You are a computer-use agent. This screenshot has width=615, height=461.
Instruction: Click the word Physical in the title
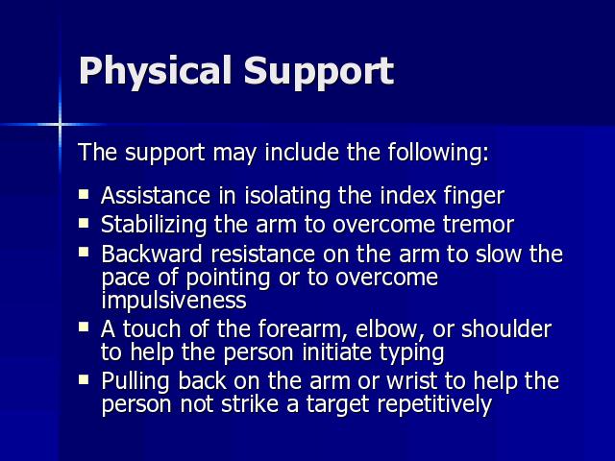pos(155,72)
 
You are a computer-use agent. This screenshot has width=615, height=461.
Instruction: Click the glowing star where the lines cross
pos(60,125)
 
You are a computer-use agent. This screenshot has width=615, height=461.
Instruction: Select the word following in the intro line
pos(438,153)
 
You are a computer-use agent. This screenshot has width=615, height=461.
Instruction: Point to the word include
pos(302,152)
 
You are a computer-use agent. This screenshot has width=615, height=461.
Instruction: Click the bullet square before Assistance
pos(84,194)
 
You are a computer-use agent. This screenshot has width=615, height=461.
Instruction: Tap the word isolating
pos(287,196)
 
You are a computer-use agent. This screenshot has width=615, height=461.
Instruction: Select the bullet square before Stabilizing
pos(84,223)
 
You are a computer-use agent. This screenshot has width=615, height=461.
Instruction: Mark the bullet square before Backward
pos(84,252)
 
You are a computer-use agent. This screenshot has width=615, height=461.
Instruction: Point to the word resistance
pos(262,254)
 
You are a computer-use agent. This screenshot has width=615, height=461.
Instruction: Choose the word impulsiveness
pos(174,301)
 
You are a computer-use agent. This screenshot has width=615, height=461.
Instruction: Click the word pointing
pos(228,279)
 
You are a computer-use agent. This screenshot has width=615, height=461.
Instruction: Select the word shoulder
pos(506,328)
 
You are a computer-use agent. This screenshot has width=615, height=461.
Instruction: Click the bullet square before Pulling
pos(84,379)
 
